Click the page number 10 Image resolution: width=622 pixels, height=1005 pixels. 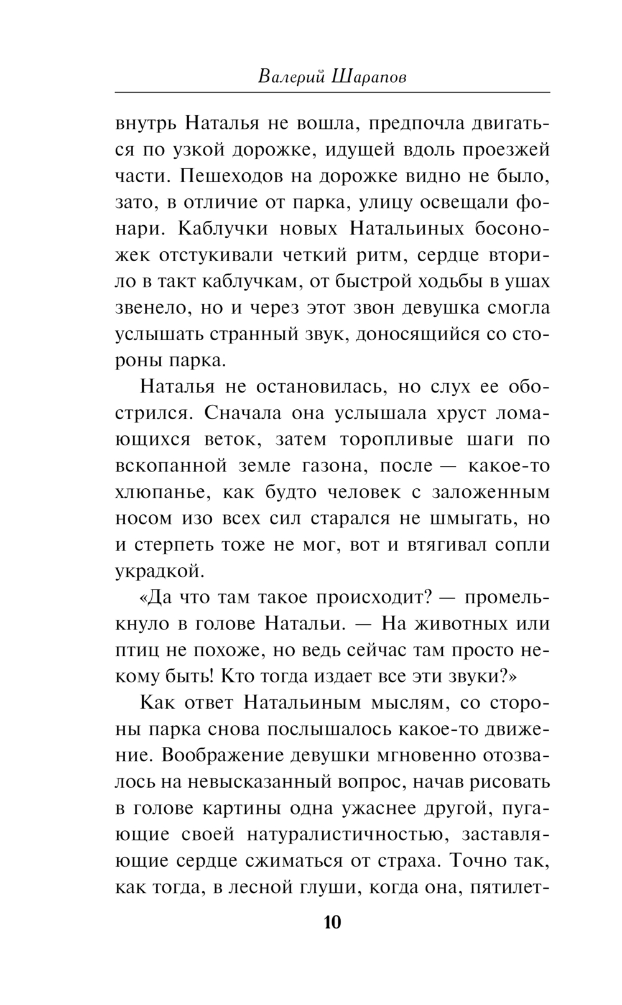pyautogui.click(x=332, y=922)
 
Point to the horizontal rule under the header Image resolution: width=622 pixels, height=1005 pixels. pyautogui.click(x=332, y=93)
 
